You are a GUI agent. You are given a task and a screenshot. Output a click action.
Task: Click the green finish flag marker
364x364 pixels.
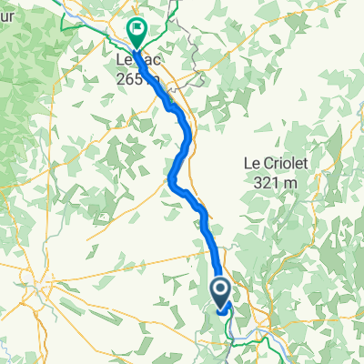click(136, 33)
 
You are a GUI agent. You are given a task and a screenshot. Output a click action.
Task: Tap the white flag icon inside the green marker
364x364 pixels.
click(136, 29)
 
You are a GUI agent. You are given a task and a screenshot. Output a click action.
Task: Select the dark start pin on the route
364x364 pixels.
click(221, 294)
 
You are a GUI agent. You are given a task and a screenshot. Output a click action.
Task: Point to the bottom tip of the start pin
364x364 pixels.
click(221, 310)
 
